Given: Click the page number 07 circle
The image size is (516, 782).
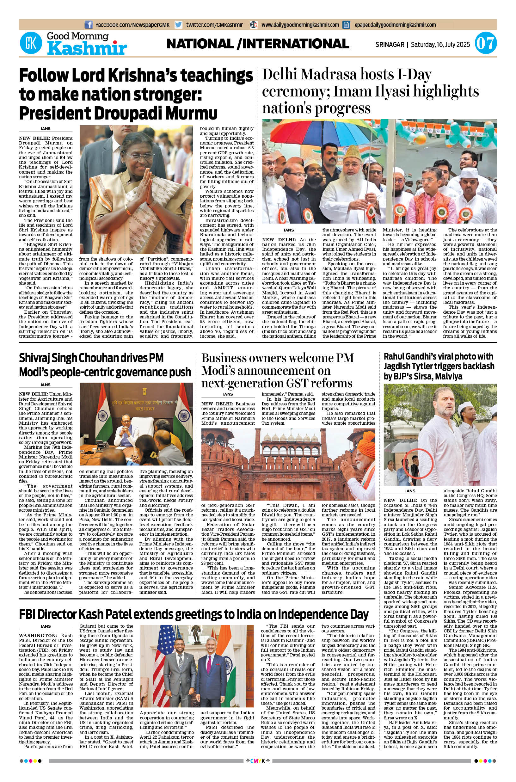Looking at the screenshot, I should click(485, 44).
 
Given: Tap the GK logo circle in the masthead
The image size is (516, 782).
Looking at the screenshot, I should click(32, 44).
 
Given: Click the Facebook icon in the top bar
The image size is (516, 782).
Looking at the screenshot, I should click(89, 25).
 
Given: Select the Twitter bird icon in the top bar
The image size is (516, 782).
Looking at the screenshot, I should click(178, 25).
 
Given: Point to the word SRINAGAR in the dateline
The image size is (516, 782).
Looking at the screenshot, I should click(390, 44).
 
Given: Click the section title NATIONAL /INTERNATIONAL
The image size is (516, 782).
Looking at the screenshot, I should click(258, 44).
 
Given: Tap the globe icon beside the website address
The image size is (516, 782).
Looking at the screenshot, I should click(254, 25).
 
